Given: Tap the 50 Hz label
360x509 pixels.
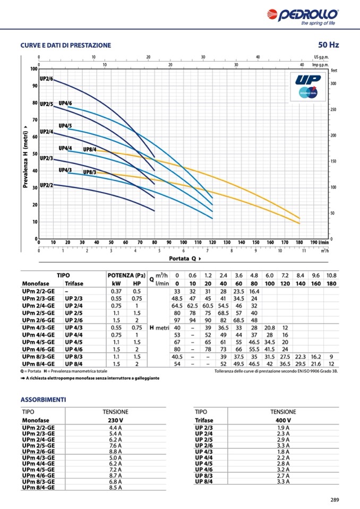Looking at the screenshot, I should (328, 45).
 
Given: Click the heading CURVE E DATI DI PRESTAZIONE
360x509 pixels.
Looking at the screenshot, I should (66, 46).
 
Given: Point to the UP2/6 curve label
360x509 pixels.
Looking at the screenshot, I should (46, 79).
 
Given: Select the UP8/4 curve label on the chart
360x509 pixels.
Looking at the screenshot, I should (89, 150).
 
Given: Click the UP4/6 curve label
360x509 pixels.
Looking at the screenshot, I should (65, 103).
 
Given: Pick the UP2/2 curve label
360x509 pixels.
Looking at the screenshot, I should (46, 185).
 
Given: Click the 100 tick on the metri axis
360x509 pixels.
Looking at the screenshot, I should (34, 69).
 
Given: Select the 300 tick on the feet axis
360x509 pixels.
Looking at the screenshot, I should (333, 84).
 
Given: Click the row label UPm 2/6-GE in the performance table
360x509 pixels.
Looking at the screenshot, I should (38, 320).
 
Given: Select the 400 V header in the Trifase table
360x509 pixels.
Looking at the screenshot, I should (283, 420).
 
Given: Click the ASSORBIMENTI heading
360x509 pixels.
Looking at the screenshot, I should (42, 399).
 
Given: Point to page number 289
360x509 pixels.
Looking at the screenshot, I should (334, 499).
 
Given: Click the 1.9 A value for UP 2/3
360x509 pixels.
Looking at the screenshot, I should (283, 428).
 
